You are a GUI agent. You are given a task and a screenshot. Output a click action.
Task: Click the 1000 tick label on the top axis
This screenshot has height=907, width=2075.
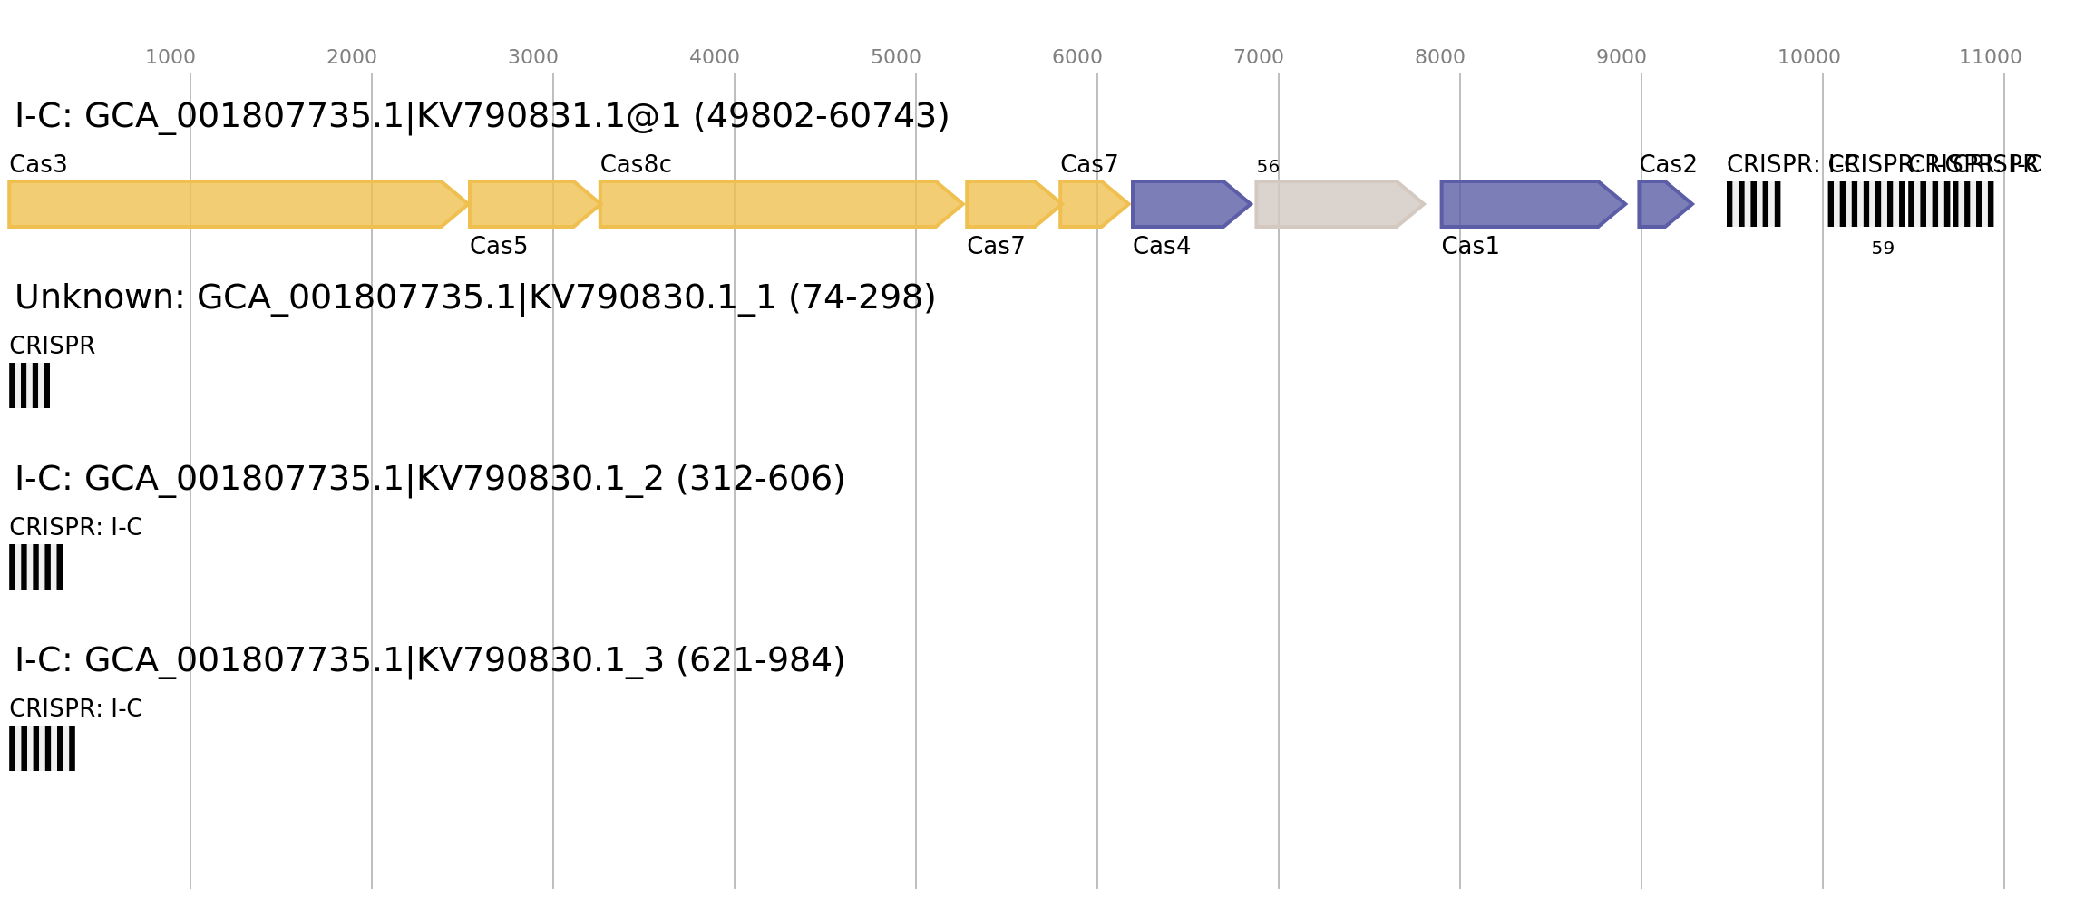(x=170, y=57)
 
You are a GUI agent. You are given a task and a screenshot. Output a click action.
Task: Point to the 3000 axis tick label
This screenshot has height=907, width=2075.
(x=532, y=57)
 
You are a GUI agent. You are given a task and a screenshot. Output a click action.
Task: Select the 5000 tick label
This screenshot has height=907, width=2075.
(x=895, y=57)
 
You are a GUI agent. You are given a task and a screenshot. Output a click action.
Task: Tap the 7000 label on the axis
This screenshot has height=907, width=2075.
(x=1258, y=57)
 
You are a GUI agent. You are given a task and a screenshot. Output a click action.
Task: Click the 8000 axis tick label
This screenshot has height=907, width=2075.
(x=1439, y=57)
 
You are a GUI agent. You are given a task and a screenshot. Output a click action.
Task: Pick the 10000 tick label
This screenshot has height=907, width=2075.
(x=1808, y=57)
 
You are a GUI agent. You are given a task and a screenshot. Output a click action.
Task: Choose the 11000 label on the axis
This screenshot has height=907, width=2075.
(x=1990, y=57)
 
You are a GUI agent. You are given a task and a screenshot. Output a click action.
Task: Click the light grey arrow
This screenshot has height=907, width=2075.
(x=1333, y=204)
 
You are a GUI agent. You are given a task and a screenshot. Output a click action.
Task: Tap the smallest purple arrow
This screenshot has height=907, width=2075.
(x=1660, y=204)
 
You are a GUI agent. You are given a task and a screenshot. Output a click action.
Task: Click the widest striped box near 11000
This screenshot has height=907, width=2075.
(x=1910, y=204)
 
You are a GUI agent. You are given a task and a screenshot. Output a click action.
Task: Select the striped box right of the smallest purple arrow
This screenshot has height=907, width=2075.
(x=1753, y=204)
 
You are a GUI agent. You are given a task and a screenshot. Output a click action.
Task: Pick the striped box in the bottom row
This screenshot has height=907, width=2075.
(x=42, y=748)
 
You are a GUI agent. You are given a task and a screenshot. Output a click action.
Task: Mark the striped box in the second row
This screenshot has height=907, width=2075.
(x=29, y=385)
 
